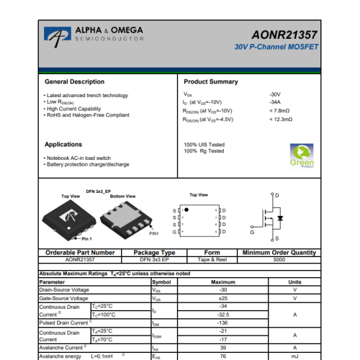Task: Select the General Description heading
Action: [x=74, y=82]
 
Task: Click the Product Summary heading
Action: [x=211, y=82]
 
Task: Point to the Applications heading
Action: [x=63, y=145]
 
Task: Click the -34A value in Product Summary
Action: [x=274, y=103]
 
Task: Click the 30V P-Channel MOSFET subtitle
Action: [x=276, y=47]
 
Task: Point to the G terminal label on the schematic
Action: [x=252, y=233]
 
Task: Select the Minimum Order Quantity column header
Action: [x=279, y=253]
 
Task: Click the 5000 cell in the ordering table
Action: [x=279, y=260]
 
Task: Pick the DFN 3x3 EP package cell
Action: [x=156, y=260]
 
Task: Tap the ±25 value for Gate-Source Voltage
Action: [x=222, y=298]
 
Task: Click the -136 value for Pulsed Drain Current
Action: [x=222, y=323]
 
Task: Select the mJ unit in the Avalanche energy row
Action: [x=294, y=356]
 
